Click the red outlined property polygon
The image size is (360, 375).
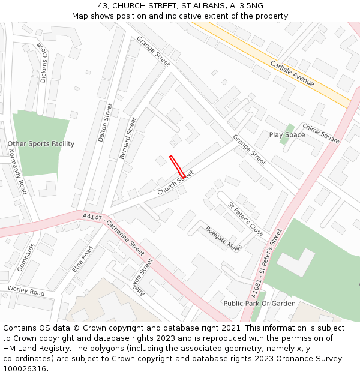click(177, 166)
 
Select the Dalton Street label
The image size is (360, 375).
click(105, 122)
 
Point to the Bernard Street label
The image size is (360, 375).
click(128, 138)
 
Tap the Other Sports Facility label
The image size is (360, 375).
click(41, 144)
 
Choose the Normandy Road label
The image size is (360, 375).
click(19, 170)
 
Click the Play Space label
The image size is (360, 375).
click(287, 135)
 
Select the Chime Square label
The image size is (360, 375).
click(320, 133)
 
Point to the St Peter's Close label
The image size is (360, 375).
click(245, 219)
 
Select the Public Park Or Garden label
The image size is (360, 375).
click(259, 304)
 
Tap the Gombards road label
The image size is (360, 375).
click(26, 257)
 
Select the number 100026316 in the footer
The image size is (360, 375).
click(25, 369)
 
